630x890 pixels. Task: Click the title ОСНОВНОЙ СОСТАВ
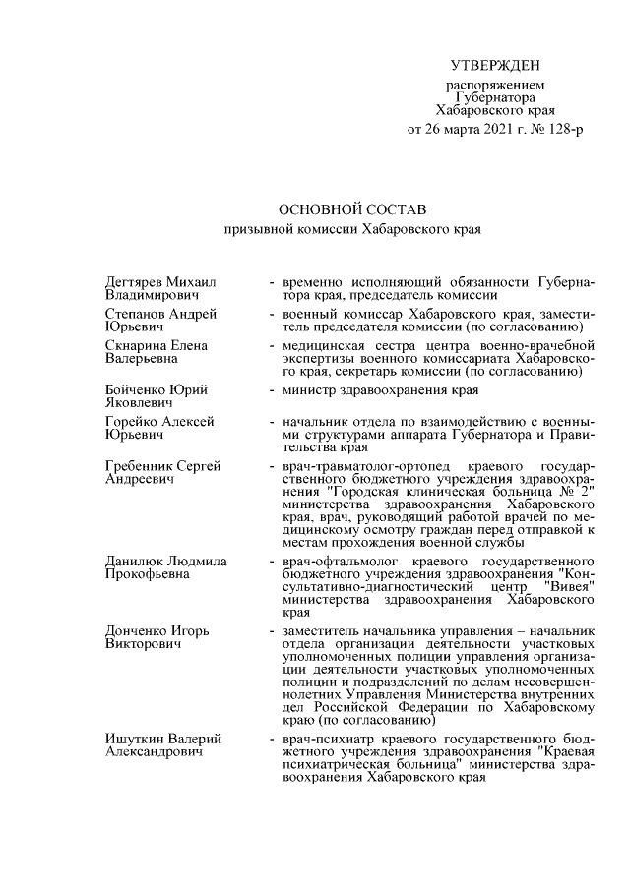(x=350, y=210)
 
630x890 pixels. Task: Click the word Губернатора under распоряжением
(x=496, y=98)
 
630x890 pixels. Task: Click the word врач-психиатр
(x=323, y=738)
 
